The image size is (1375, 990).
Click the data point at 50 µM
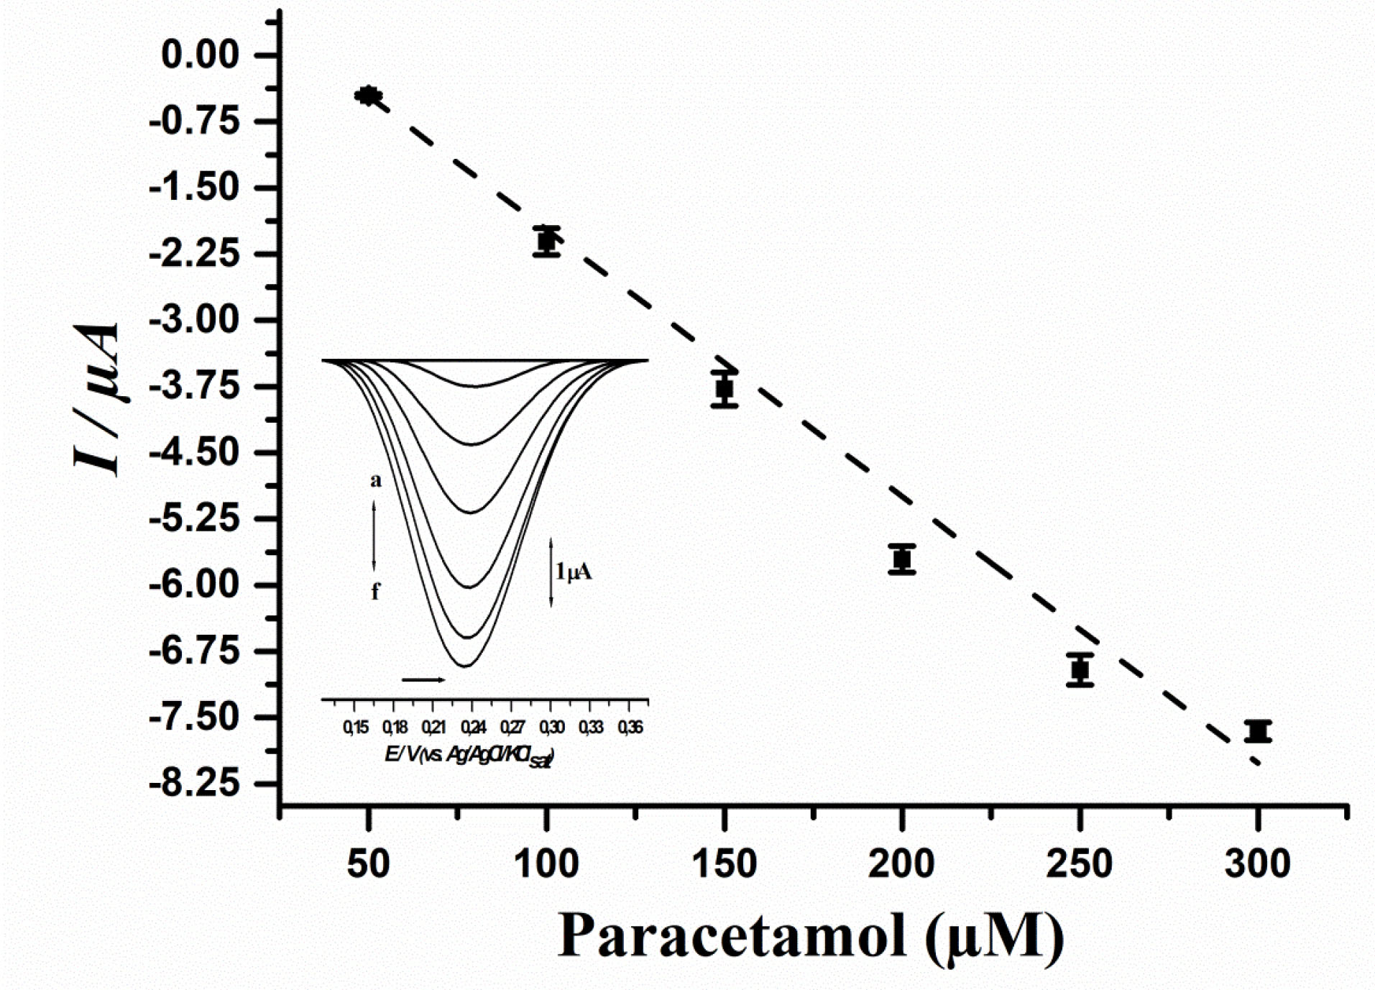pos(368,95)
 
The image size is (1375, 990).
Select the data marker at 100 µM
pos(547,241)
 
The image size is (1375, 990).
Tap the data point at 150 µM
pos(725,389)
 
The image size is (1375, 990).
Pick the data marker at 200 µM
pos(902,559)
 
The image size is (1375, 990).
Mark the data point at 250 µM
pos(1080,669)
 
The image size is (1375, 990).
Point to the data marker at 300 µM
pos(1258,731)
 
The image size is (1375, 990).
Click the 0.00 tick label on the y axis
pos(201,55)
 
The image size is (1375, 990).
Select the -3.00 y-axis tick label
pos(193,320)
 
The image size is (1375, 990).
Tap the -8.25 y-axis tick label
pos(193,784)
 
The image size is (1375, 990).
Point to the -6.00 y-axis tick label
pos(193,585)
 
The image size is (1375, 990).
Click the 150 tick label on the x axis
pos(725,863)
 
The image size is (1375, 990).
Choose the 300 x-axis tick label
pos(1258,863)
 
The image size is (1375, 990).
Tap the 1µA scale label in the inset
pos(573,572)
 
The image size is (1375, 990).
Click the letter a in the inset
pos(375,480)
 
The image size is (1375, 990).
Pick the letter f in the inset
pos(375,592)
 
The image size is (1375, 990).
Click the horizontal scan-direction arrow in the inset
pos(423,679)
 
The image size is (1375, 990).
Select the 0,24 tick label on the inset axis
pos(472,728)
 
